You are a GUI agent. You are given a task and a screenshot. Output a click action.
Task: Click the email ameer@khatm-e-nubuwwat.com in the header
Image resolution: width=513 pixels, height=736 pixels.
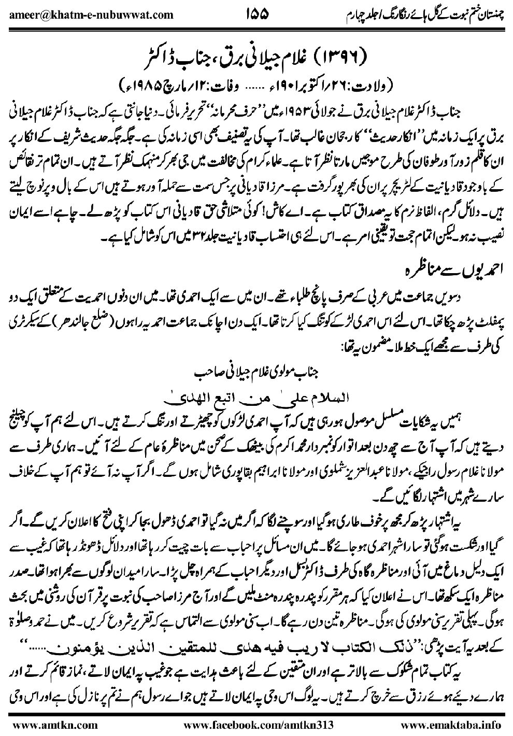[91, 14]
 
